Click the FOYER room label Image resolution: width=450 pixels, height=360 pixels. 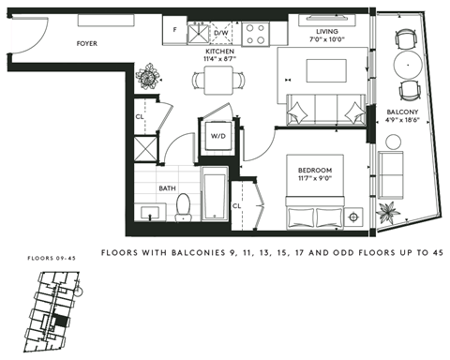point(87,42)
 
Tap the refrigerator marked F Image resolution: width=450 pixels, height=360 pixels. point(176,30)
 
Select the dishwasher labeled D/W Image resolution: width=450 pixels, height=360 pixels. point(221,33)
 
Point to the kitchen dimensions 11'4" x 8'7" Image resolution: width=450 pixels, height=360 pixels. point(217,60)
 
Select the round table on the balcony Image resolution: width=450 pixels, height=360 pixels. point(407,65)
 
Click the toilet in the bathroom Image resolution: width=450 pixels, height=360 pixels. point(184,203)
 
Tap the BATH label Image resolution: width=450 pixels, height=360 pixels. point(167,187)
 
